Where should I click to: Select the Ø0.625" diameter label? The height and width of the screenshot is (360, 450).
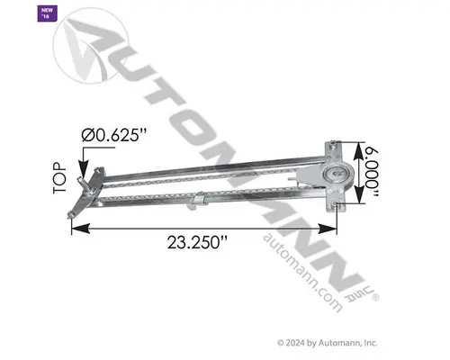pyautogui.click(x=116, y=136)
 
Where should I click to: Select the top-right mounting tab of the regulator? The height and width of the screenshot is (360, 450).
pyautogui.click(x=334, y=143)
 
